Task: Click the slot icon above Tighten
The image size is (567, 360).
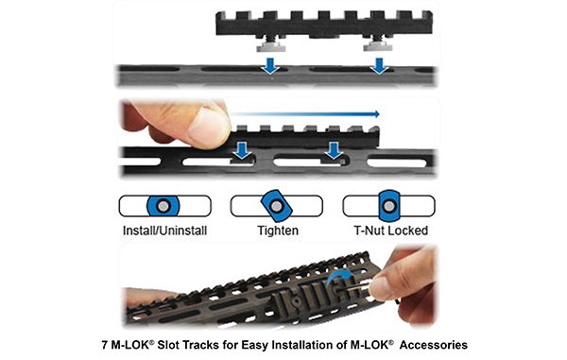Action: coord(275,206)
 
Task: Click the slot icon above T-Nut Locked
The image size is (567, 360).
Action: coord(387,206)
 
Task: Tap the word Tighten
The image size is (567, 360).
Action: coord(275,230)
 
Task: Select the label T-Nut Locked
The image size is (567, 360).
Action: coord(387,230)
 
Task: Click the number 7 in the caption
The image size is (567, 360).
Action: coord(104,345)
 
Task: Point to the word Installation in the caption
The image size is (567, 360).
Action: coord(301,345)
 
